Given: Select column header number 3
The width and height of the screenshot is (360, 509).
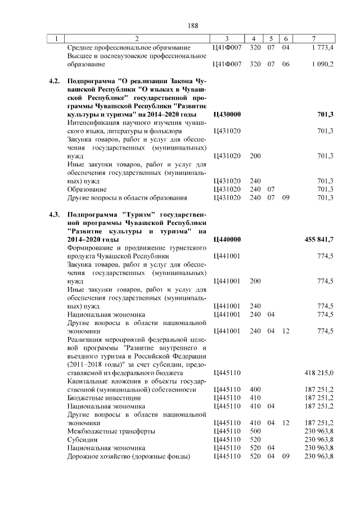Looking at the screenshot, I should (x=227, y=38).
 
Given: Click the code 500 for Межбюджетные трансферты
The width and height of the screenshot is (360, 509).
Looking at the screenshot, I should (x=255, y=431).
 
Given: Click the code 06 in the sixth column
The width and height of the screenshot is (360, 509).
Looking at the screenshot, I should (x=285, y=65).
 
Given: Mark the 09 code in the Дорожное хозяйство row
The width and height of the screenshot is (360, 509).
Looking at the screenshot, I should (x=285, y=456).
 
